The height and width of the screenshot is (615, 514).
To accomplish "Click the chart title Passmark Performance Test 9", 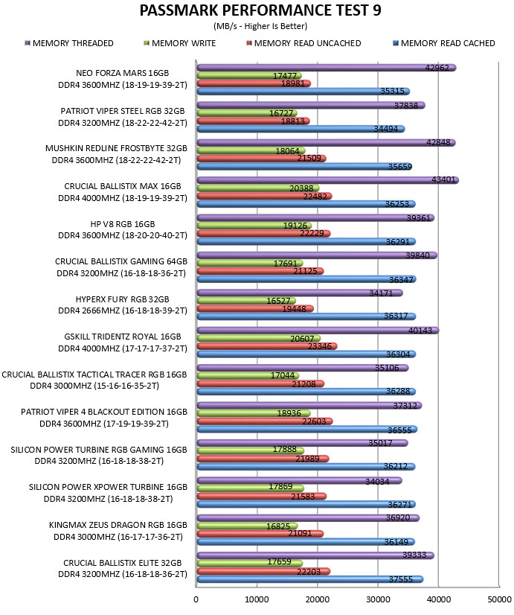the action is tap(260, 10).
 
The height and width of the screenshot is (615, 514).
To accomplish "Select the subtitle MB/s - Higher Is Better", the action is tap(260, 26).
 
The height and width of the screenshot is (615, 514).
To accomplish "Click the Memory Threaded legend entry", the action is tap(69, 43).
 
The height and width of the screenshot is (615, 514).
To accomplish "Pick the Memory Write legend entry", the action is tap(180, 43).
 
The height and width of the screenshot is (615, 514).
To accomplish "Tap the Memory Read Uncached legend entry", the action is tap(303, 43).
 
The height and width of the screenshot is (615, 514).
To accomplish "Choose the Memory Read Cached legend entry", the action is tap(444, 43).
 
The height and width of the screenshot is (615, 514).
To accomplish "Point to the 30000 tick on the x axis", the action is tap(378, 599).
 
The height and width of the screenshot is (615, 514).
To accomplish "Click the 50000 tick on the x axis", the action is tap(499, 599).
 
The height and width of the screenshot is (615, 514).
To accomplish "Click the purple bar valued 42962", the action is tap(327, 68).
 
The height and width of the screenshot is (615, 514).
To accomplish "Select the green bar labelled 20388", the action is tap(258, 188).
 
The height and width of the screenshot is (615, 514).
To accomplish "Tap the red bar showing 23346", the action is tap(267, 346).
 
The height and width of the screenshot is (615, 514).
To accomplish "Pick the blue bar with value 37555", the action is tap(310, 579).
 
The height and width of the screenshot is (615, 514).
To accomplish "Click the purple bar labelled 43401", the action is tap(327, 180).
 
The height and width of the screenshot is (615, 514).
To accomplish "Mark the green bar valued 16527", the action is tap(246, 301).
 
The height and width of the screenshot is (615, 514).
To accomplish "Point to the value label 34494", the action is tap(385, 129).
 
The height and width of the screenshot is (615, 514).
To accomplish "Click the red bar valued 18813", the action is tap(253, 121).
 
